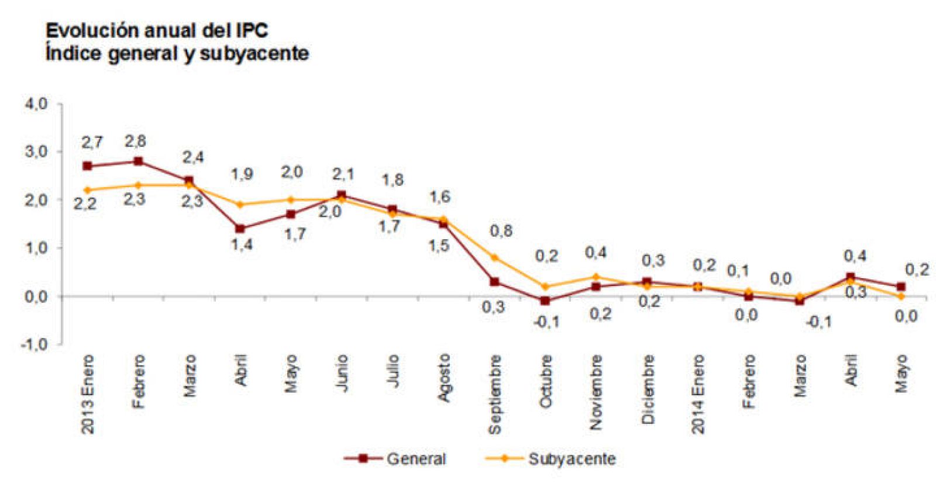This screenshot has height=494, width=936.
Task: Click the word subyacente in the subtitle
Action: coord(254,54)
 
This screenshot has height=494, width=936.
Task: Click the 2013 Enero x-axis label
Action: coord(87,394)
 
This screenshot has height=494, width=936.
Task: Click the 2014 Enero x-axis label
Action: coord(698,394)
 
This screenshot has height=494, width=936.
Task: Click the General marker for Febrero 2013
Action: coord(138,161)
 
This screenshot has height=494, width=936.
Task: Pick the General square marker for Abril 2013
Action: coord(240,229)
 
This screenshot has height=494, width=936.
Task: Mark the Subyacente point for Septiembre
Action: coord(494,257)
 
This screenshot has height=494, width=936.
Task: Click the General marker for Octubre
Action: coord(545,301)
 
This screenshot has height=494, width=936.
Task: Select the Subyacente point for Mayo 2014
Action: coord(901,296)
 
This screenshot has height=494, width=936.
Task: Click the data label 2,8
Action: coord(135,141)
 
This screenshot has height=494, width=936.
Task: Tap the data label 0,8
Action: coord(501,231)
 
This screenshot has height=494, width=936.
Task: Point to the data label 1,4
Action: coord(241,244)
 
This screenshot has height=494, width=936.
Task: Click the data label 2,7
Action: coord(92,142)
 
